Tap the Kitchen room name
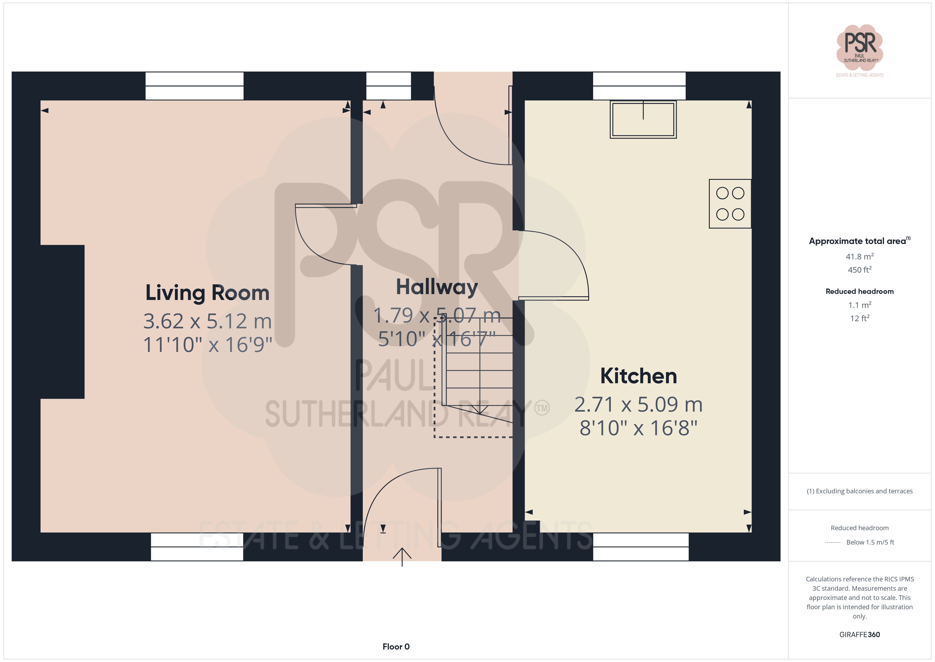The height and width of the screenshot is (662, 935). (x=638, y=376)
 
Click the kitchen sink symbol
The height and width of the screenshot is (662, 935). (x=643, y=119)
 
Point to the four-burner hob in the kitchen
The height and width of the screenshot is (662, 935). (x=730, y=204)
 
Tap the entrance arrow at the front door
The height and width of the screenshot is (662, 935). (x=402, y=557)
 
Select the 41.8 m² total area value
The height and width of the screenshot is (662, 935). (x=860, y=256)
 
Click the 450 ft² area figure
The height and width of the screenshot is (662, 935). (x=860, y=270)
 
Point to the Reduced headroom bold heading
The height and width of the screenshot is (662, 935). (x=860, y=291)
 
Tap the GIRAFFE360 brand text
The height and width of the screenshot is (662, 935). (x=860, y=635)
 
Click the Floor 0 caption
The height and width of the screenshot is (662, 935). (x=396, y=647)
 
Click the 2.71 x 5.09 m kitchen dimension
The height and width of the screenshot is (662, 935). (x=638, y=404)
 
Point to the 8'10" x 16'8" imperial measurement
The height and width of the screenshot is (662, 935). (x=638, y=428)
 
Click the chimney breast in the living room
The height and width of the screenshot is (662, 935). (x=62, y=322)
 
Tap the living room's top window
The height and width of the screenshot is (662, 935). (x=195, y=86)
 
